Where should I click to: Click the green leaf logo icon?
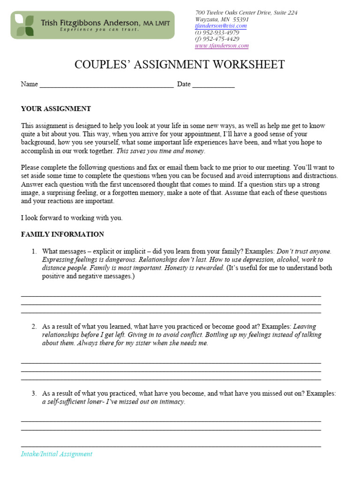[24, 25]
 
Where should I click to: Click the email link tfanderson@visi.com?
[221, 26]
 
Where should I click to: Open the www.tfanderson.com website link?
[222, 46]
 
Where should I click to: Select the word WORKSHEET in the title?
[248, 65]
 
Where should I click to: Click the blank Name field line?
[106, 85]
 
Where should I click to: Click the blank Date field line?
[213, 85]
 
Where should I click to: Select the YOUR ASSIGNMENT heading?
[56, 109]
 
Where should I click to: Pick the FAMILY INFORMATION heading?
[62, 234]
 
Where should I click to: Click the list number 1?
[34, 252]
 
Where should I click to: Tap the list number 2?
[34, 326]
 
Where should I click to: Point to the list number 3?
[34, 394]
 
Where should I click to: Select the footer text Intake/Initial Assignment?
[57, 454]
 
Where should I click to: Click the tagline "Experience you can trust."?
[99, 30]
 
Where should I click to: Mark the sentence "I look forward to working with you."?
[72, 218]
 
